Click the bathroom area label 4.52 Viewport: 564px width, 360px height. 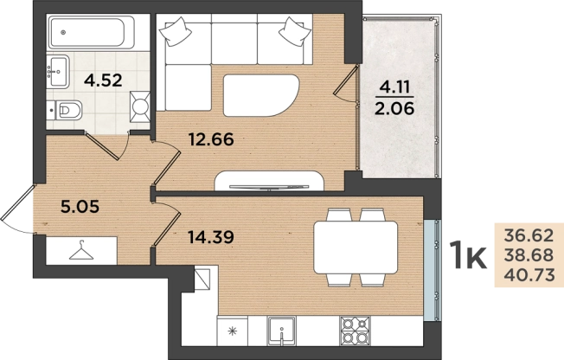[x=103, y=80]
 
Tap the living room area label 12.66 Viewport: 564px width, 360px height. [x=211, y=139]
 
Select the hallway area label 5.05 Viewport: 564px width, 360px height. [x=80, y=207]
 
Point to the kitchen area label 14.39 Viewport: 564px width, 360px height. [x=211, y=236]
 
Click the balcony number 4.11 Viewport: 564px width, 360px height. [x=394, y=87]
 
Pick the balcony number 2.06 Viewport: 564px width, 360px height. [x=394, y=107]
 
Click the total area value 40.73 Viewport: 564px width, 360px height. [x=529, y=275]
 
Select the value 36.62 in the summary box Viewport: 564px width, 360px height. [x=529, y=235]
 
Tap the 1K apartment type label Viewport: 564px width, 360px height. [x=470, y=255]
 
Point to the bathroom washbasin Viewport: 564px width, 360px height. [x=58, y=72]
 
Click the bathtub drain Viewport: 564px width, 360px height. [x=64, y=32]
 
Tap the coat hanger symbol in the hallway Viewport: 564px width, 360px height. [x=81, y=250]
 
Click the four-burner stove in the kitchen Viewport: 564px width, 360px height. [x=355, y=330]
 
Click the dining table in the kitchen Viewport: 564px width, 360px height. [x=356, y=247]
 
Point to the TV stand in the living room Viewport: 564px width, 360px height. [x=269, y=181]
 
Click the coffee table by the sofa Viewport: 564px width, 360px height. [x=261, y=95]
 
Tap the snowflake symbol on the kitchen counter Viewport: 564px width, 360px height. [x=233, y=331]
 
